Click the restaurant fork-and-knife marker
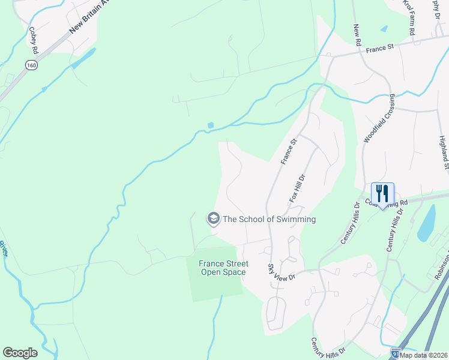coord(382,194)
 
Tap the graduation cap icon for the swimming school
coord(212,219)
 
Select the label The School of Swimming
coord(269,219)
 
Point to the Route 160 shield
coord(30,64)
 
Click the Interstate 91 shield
coord(395,353)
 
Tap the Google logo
coord(20,353)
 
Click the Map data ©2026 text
coord(424,355)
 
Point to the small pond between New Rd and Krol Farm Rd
coord(384,28)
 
